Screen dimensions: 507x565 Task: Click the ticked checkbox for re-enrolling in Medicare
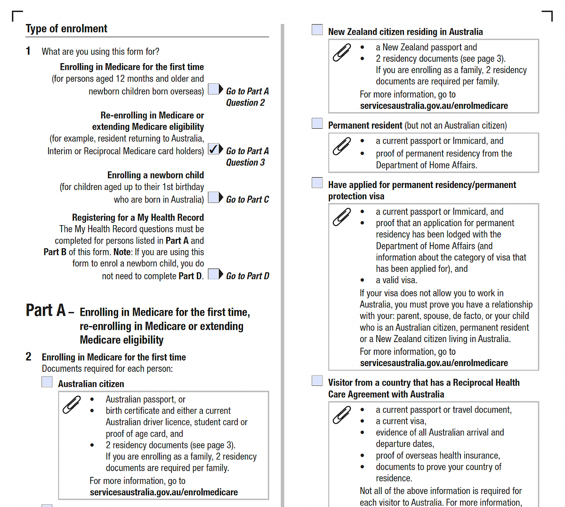click(x=214, y=149)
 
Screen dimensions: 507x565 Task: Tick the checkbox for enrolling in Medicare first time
click(x=214, y=89)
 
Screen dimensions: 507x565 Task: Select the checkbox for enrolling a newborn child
click(x=214, y=197)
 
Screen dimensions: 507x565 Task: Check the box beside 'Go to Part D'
click(x=214, y=274)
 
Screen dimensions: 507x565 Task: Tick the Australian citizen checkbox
click(x=47, y=382)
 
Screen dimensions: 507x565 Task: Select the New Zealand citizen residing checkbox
click(x=317, y=30)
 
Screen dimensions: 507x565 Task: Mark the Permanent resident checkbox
click(x=317, y=123)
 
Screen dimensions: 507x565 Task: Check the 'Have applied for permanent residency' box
click(x=317, y=183)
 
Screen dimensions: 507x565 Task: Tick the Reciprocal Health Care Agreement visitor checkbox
click(x=317, y=381)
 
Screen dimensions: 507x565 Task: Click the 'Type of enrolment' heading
click(x=66, y=29)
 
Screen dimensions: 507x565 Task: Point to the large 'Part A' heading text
click(x=46, y=311)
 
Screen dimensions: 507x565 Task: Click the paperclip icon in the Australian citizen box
click(x=72, y=405)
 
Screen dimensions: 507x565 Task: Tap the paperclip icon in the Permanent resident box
click(x=342, y=146)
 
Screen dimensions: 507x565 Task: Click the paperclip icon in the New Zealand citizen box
click(x=342, y=52)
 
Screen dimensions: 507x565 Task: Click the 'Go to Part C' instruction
click(x=247, y=200)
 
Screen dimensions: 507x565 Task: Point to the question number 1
click(x=28, y=51)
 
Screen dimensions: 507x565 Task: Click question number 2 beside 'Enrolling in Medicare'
click(x=29, y=357)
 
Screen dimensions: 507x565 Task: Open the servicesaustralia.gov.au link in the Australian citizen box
click(x=163, y=492)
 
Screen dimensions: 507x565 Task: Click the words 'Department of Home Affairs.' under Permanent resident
click(x=426, y=165)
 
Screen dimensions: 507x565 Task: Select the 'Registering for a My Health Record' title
click(x=137, y=218)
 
